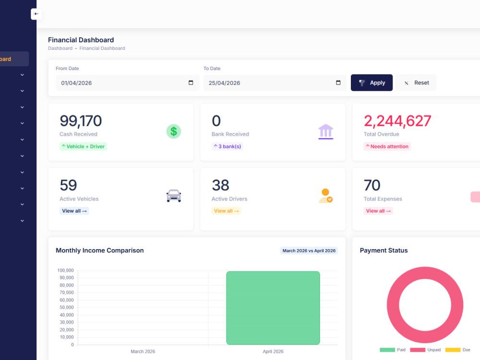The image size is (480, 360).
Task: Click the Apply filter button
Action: pyautogui.click(x=372, y=83)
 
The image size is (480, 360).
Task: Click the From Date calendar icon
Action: pyautogui.click(x=191, y=83)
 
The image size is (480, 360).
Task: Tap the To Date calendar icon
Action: pyautogui.click(x=338, y=83)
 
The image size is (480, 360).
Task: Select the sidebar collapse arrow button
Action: pyautogui.click(x=36, y=14)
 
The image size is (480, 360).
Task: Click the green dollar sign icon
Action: pyautogui.click(x=174, y=132)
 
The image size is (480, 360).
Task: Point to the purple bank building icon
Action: pyautogui.click(x=326, y=132)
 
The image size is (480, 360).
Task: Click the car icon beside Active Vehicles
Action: pyautogui.click(x=174, y=196)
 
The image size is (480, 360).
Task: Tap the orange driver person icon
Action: pyautogui.click(x=326, y=196)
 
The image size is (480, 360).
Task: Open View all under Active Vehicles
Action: pyautogui.click(x=74, y=211)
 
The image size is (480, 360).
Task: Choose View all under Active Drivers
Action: pyautogui.click(x=226, y=211)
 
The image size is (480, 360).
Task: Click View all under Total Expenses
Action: pyautogui.click(x=378, y=211)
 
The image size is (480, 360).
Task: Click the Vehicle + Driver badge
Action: pyautogui.click(x=83, y=146)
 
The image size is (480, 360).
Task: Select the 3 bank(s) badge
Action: pyautogui.click(x=227, y=146)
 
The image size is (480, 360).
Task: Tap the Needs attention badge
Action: pyautogui.click(x=387, y=146)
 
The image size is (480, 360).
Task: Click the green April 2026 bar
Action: pyautogui.click(x=273, y=308)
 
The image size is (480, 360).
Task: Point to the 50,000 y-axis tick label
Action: pyautogui.click(x=66, y=307)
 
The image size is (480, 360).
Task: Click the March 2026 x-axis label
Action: pyautogui.click(x=143, y=351)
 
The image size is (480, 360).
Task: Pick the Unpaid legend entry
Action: pyautogui.click(x=425, y=350)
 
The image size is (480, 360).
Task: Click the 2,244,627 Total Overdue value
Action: pyautogui.click(x=397, y=121)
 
